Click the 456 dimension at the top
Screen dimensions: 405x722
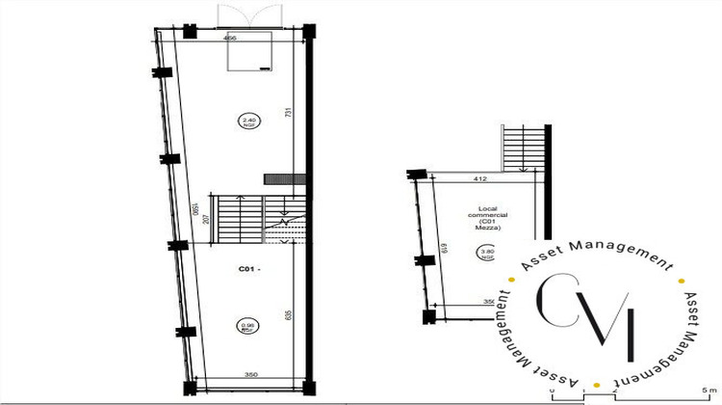[x=230, y=39]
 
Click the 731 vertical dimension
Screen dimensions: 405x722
[x=288, y=113]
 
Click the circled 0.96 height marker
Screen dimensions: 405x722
[x=245, y=327]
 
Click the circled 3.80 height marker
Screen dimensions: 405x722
[x=485, y=255]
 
